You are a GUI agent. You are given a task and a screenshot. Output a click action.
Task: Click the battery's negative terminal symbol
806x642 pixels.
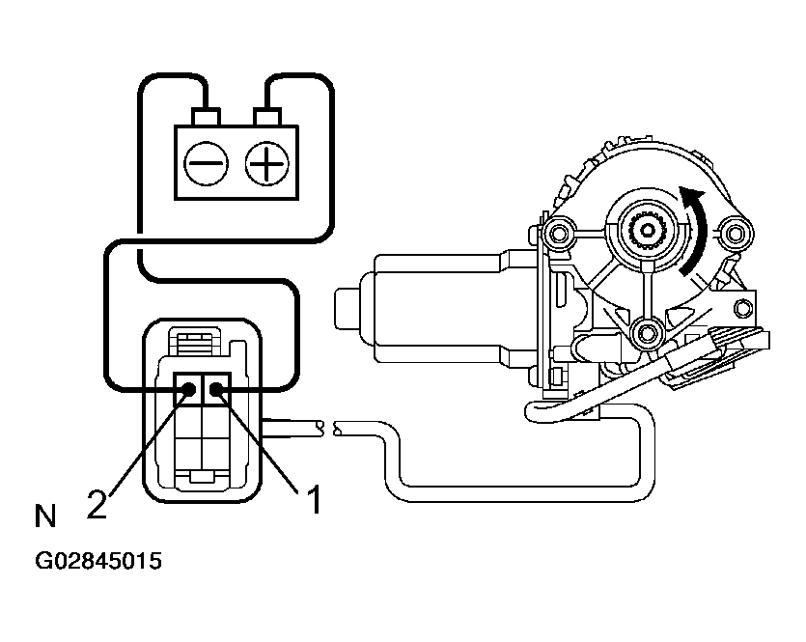tap(206, 163)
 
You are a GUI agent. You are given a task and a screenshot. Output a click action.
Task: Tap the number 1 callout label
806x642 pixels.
tap(311, 500)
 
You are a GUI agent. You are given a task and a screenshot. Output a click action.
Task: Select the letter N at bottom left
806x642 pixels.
tap(44, 517)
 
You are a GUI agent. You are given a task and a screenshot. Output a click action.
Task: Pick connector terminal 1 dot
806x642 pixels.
tap(216, 390)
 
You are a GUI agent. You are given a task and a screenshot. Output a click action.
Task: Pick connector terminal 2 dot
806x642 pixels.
tap(188, 390)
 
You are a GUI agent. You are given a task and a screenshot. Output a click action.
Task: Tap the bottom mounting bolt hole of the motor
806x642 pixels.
tap(644, 334)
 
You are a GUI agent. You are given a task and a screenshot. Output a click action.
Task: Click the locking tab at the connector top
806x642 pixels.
tap(200, 343)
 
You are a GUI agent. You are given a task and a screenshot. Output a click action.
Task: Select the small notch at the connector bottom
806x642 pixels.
tap(202, 477)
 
